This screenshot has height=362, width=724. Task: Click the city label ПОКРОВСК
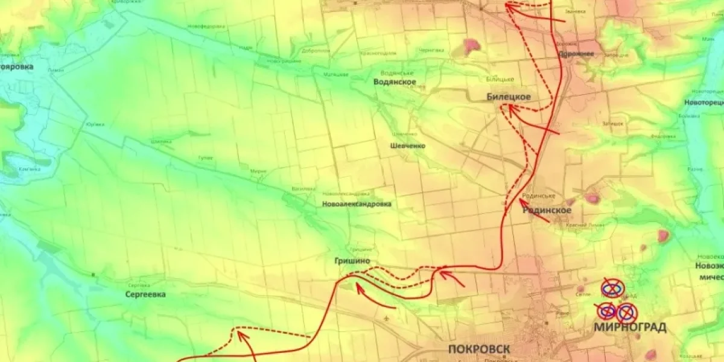(480, 349)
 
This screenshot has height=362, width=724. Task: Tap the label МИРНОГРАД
(630, 328)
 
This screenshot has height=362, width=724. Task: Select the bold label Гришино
(352, 261)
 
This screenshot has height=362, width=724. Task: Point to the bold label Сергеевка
(145, 294)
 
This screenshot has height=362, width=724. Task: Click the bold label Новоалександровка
(357, 205)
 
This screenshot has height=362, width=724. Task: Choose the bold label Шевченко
(408, 146)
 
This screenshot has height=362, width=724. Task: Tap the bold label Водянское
(395, 82)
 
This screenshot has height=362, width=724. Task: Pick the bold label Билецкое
(509, 97)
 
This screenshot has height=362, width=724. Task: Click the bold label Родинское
(547, 210)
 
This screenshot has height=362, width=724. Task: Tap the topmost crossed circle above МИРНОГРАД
(612, 288)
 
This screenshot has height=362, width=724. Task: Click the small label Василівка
(303, 189)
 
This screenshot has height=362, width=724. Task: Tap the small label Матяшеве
(337, 74)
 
